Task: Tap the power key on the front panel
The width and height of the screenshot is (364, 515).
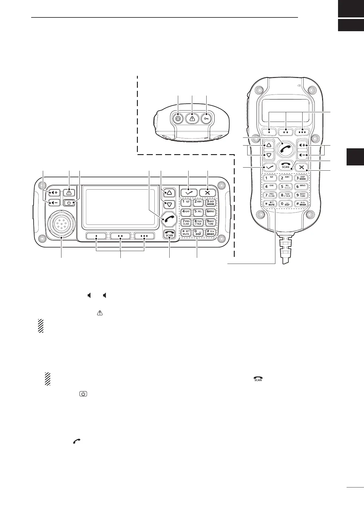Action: [70, 202]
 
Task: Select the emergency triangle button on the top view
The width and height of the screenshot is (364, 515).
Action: [192, 118]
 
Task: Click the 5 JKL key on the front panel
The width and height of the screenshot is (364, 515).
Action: [198, 212]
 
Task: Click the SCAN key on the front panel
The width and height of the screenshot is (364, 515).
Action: [169, 233]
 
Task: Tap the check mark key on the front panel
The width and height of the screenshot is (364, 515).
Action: [189, 193]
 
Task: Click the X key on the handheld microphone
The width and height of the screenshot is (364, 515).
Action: [302, 167]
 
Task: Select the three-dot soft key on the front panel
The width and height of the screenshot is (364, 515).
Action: [145, 236]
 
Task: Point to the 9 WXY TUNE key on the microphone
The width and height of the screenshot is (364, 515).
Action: [302, 195]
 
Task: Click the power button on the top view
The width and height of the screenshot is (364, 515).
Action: [178, 118]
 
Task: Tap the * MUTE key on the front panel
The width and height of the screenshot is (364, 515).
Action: [186, 232]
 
